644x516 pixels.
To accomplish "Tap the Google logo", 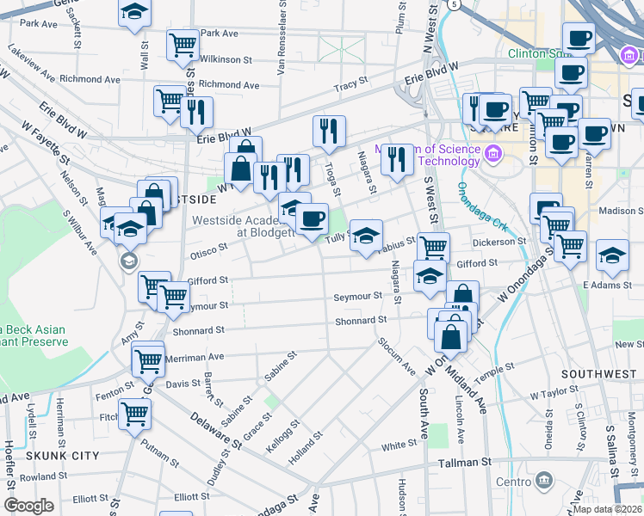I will pos(28,506).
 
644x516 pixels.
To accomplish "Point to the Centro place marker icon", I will pos(543,480).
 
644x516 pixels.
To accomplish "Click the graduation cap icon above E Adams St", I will pos(612,255).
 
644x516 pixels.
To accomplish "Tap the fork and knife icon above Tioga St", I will pos(329,131).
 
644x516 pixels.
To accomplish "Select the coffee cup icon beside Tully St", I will pos(312,218).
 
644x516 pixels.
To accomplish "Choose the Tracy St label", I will pos(351,86).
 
